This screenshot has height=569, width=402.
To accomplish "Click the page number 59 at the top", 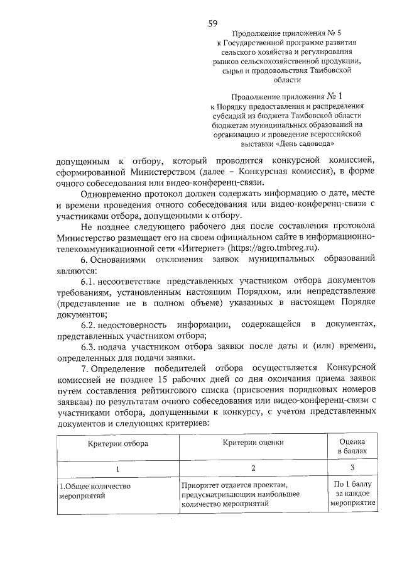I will click(212, 23).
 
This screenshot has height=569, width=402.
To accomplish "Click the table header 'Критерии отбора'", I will click(117, 443).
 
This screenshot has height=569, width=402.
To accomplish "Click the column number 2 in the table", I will click(253, 468).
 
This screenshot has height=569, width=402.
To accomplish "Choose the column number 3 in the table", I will click(352, 467).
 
